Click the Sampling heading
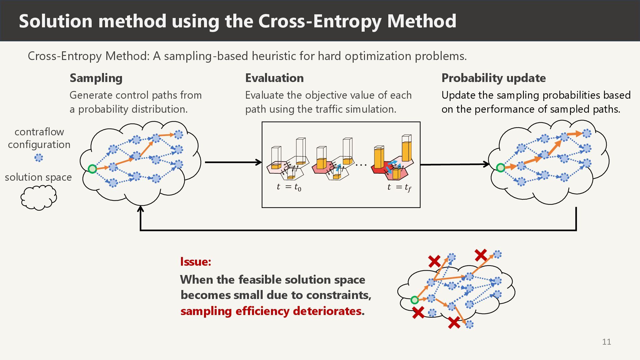(x=96, y=78)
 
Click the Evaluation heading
(x=274, y=78)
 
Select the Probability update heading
(x=493, y=78)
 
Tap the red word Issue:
(x=196, y=262)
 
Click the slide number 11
(x=606, y=342)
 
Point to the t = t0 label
(x=289, y=187)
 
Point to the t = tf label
(x=399, y=187)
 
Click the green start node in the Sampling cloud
(x=92, y=169)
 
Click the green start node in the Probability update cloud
(x=500, y=168)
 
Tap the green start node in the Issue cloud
(x=414, y=300)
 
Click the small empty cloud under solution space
(x=39, y=198)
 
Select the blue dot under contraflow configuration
(x=39, y=158)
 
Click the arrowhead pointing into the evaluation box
(x=259, y=162)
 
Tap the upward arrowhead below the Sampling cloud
(x=141, y=209)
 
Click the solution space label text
(x=38, y=177)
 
